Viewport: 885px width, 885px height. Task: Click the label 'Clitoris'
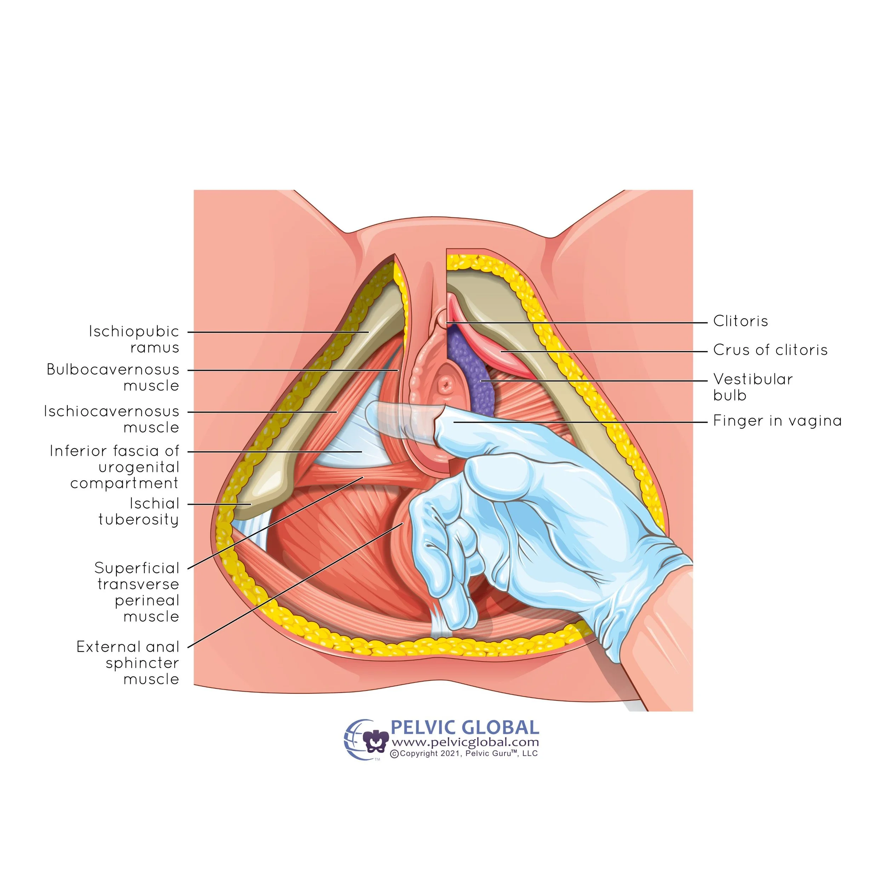coord(740,321)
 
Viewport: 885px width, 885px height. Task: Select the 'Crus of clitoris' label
coord(770,350)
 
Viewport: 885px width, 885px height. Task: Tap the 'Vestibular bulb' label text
coord(752,387)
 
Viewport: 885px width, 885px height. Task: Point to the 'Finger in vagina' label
coord(777,421)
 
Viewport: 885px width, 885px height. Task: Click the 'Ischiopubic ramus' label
coord(134,339)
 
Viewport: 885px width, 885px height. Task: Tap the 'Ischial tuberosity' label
coord(138,511)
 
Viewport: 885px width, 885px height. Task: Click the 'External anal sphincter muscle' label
coord(128,663)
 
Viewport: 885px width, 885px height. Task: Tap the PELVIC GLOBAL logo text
coord(464,727)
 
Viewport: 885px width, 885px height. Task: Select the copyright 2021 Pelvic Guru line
coord(464,754)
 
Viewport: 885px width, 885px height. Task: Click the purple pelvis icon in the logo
coord(376,741)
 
